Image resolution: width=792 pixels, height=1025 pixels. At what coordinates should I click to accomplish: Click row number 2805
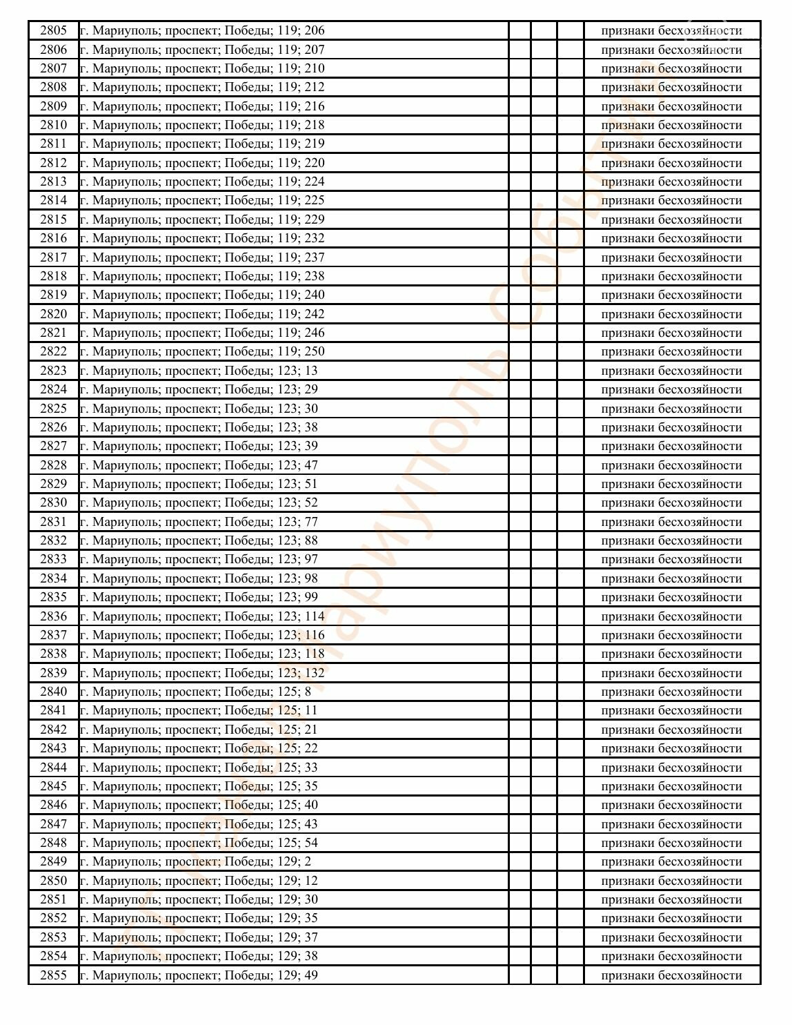[x=54, y=30]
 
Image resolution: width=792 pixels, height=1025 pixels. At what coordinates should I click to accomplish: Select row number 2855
[x=54, y=975]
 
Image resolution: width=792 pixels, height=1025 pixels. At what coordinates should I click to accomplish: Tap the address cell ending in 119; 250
[x=202, y=351]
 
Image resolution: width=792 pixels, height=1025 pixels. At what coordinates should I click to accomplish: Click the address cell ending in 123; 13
[x=199, y=371]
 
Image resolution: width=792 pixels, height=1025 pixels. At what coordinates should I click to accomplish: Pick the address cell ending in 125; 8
[x=195, y=692]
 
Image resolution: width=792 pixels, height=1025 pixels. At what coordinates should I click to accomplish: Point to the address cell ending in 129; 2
[x=195, y=861]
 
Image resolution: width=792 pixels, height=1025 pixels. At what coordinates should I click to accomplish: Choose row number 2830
[x=54, y=502]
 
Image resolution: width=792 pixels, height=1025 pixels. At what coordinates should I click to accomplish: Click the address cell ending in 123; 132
[x=202, y=673]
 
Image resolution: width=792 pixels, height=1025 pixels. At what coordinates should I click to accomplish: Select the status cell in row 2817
[x=671, y=257]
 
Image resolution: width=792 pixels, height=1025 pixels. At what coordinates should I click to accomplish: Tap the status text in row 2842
[x=671, y=730]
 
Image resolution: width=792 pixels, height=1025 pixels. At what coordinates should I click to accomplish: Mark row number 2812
[x=54, y=163]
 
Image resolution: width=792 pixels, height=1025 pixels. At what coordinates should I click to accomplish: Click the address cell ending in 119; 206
[x=202, y=30]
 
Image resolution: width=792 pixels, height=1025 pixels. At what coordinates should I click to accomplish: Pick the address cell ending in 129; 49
[x=199, y=975]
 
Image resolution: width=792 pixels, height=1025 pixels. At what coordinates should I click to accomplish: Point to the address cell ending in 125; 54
[x=199, y=843]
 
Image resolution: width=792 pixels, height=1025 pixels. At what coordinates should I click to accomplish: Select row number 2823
[x=54, y=371]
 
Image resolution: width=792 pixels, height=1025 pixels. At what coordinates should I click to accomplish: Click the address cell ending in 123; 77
[x=199, y=522]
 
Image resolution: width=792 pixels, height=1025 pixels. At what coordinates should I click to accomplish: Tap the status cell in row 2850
[x=671, y=881]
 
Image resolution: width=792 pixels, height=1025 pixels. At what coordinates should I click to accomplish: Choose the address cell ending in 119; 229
[x=202, y=219]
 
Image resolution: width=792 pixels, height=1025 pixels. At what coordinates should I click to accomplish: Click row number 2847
[x=54, y=824]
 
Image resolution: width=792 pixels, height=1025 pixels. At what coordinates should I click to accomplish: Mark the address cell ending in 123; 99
[x=199, y=597]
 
